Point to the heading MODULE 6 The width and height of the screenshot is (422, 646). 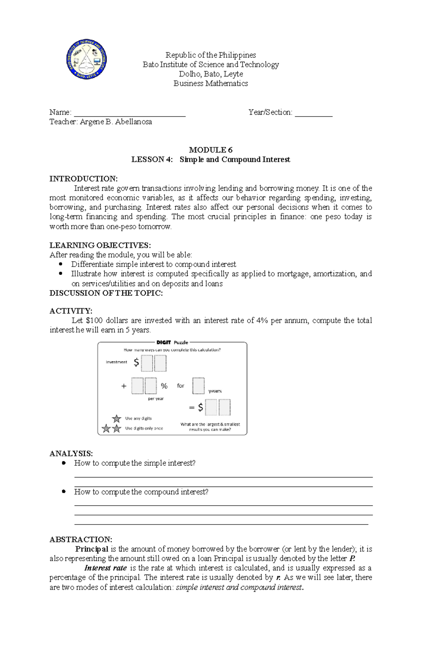[211, 150]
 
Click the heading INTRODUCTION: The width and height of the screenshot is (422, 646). [83, 178]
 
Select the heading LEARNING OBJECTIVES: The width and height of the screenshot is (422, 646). [100, 245]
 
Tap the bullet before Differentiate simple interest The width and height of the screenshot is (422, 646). [61, 264]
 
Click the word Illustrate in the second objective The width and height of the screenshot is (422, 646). [86, 274]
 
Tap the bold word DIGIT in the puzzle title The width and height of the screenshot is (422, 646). [164, 342]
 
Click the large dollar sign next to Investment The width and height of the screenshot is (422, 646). [136, 363]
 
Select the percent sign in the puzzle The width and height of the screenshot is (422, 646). [164, 386]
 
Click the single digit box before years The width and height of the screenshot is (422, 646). [198, 386]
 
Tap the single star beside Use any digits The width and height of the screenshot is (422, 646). [116, 419]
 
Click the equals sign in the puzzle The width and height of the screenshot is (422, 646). [192, 408]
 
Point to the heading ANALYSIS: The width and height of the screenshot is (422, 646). [71, 453]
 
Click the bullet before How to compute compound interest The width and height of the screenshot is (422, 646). [64, 491]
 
